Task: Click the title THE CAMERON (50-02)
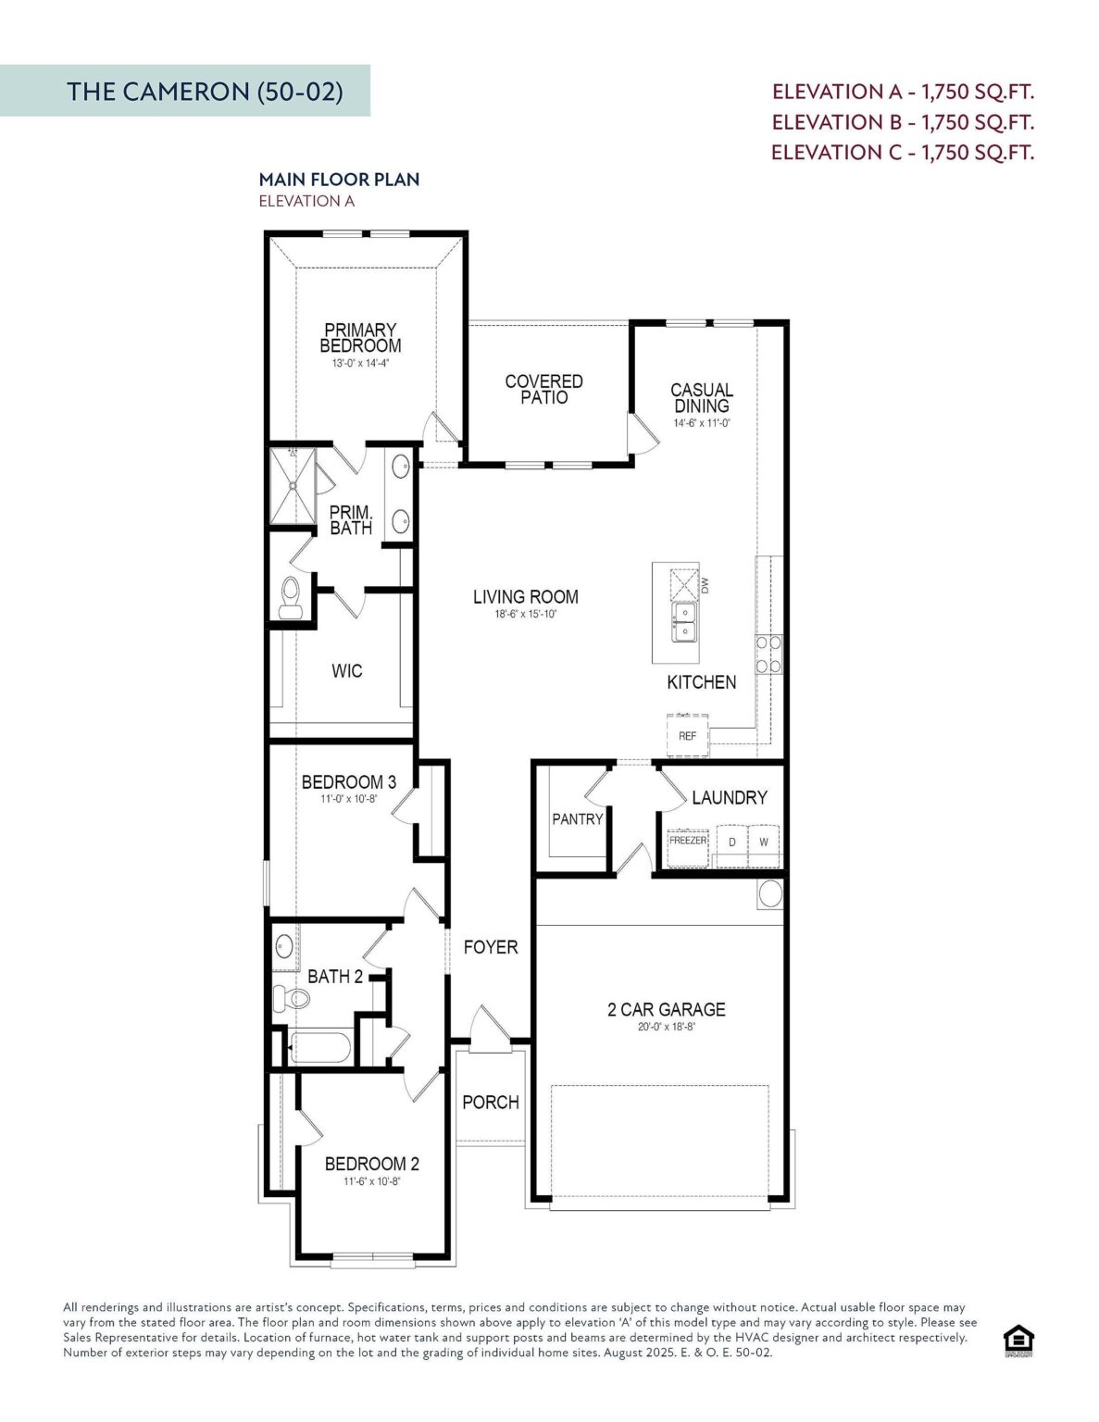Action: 205,92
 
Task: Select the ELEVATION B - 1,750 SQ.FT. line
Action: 903,122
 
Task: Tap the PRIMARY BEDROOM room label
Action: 360,338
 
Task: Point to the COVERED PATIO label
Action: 543,390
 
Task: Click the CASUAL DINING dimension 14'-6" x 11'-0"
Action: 701,423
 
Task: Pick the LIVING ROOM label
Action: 526,597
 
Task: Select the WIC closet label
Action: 346,671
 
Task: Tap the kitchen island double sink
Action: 684,622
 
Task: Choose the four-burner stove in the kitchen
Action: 768,655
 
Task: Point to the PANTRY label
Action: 578,818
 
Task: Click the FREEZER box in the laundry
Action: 688,847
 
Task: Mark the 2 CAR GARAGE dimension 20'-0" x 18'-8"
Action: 667,1027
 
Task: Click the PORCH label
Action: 491,1103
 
